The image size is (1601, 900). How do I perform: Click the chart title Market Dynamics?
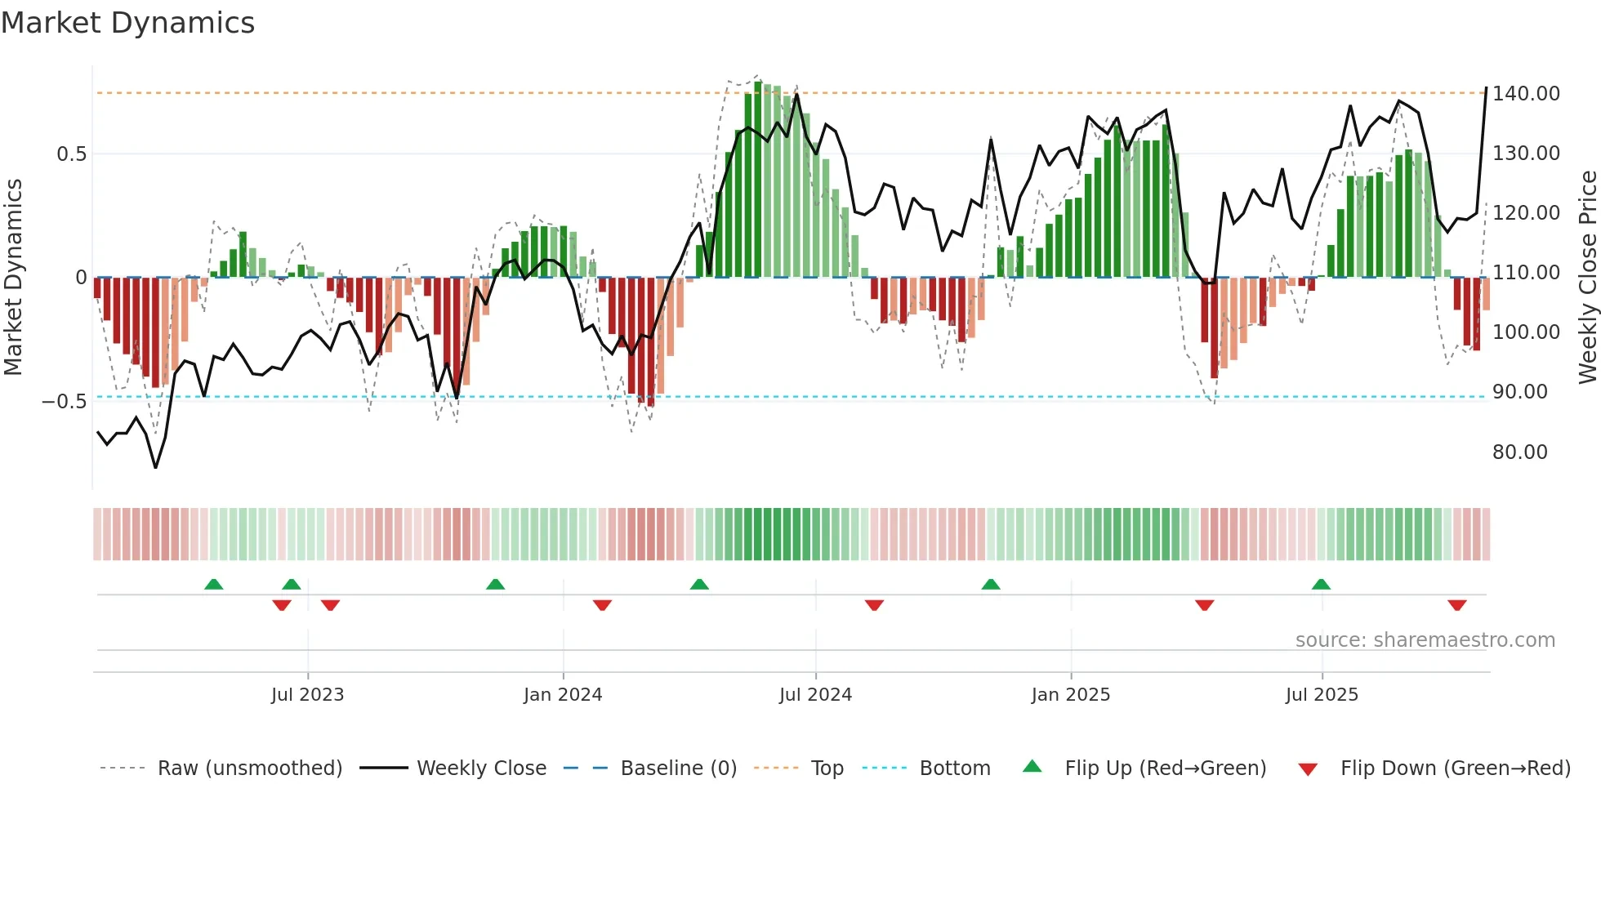(x=127, y=23)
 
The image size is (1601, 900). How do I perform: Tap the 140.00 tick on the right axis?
(x=1526, y=94)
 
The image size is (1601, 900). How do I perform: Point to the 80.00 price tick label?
(x=1519, y=452)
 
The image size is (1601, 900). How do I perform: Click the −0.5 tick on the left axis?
(x=64, y=402)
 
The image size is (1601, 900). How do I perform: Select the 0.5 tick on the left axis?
(x=71, y=154)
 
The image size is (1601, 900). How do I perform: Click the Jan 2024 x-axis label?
(x=562, y=695)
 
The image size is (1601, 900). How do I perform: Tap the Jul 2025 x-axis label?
(x=1321, y=695)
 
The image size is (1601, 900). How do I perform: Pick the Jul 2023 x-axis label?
(x=307, y=695)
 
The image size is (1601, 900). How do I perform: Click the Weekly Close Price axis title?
(x=1587, y=278)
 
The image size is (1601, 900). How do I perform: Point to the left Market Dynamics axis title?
(x=13, y=278)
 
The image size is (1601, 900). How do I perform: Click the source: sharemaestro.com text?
(x=1425, y=640)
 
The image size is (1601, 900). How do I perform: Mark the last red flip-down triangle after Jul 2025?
(x=1456, y=605)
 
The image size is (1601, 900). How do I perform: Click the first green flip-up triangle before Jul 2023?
(x=213, y=584)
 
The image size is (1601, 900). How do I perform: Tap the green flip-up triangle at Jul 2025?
(x=1321, y=584)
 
